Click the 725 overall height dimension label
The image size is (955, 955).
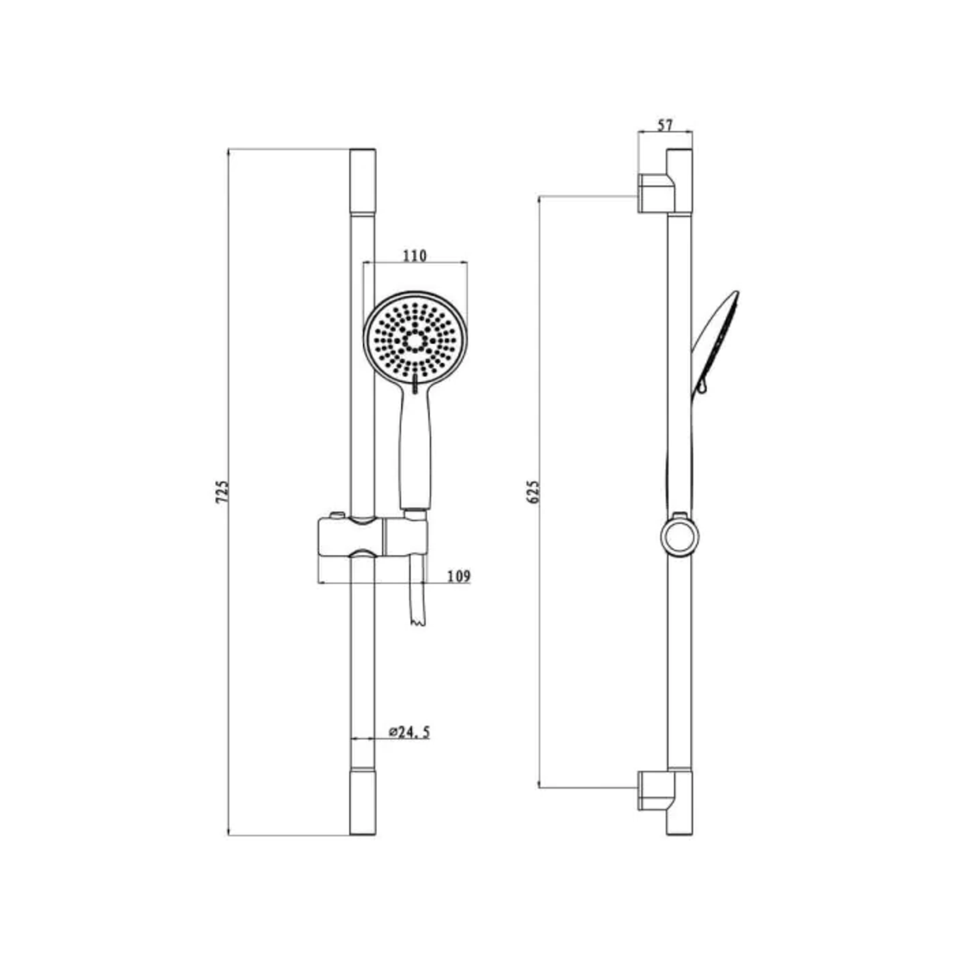[x=222, y=491]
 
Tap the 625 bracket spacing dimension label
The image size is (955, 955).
[x=533, y=491]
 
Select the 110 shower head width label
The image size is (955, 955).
[x=415, y=256]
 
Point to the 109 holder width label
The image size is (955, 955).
[x=459, y=576]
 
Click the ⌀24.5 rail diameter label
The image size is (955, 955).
[x=410, y=731]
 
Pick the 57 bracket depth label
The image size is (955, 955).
[x=665, y=125]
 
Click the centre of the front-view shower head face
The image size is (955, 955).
[x=416, y=340]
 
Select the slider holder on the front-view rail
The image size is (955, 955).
[x=373, y=536]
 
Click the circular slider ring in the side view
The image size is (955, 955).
[x=679, y=537]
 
